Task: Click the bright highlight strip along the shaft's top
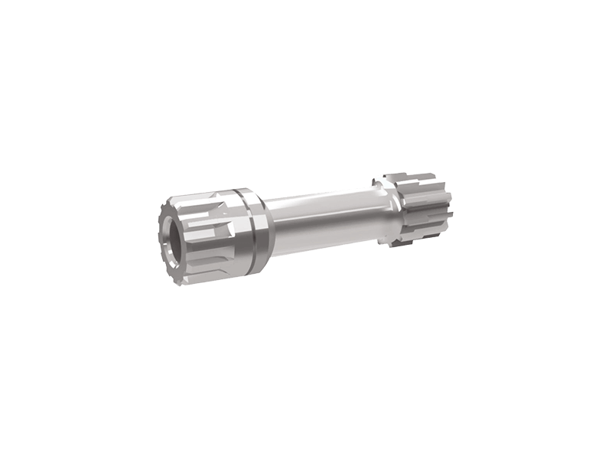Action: [321, 201]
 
